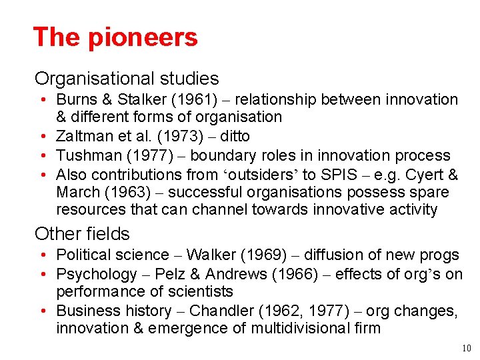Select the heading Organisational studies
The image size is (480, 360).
point(127,79)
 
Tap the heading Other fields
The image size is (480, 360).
point(82,234)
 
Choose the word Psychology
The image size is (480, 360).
point(96,274)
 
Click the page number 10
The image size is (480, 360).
point(465,348)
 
